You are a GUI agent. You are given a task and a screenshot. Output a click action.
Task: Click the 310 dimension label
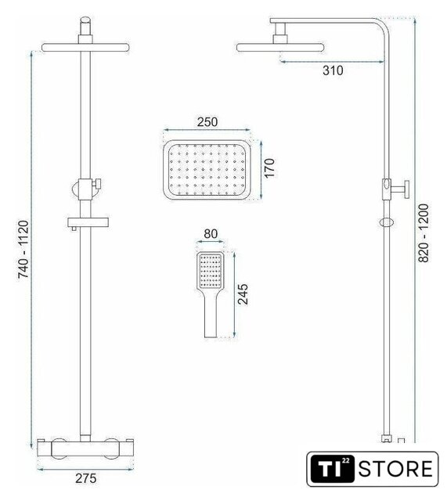[x=333, y=70]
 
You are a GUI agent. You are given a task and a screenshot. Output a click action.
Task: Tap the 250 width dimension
[x=207, y=122]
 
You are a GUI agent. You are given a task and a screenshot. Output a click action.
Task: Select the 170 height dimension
[x=269, y=168]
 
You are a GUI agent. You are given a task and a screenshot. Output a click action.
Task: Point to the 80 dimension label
[x=211, y=234]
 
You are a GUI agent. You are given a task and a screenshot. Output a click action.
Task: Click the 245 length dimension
[x=243, y=294]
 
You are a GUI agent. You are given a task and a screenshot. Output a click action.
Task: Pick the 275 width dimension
[x=85, y=478]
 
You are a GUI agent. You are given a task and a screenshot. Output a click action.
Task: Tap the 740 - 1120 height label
[x=23, y=249]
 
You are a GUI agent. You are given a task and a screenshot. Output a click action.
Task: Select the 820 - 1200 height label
[x=424, y=233]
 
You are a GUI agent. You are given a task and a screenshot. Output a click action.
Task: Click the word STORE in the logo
[x=395, y=469]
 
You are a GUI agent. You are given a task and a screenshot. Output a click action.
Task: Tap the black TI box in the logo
[x=333, y=469]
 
